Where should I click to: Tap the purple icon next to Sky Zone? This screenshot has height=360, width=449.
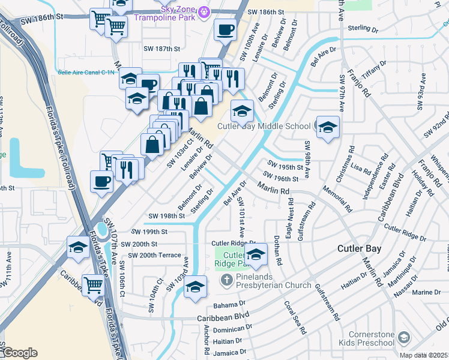click(205, 11)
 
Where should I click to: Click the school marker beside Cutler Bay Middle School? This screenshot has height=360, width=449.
click(328, 127)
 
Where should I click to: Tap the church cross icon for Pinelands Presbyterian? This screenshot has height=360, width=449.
click(226, 280)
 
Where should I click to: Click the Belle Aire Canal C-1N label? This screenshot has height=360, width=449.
click(86, 72)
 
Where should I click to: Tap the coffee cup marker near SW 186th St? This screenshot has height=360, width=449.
click(226, 29)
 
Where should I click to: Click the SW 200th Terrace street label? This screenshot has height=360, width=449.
click(151, 255)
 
